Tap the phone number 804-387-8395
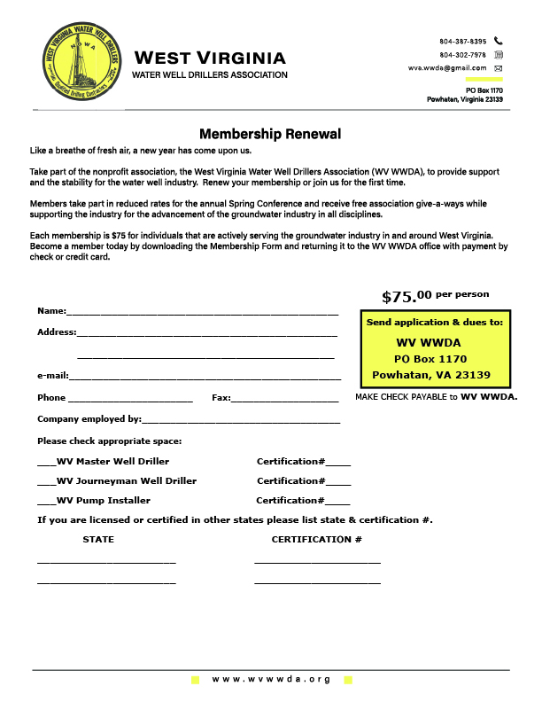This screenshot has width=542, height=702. coord(462,42)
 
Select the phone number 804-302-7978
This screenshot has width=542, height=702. coord(462,55)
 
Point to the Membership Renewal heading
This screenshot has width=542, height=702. coord(270,135)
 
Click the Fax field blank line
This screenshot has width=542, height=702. coord(284,400)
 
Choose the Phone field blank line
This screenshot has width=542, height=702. coord(130,400)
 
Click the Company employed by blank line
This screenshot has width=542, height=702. coord(240,421)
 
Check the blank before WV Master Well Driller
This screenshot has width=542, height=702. coord(46,463)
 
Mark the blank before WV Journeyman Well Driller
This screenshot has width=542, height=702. coord(46,482)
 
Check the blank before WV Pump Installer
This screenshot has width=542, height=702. coord(46,502)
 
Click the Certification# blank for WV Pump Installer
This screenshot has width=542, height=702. coord(338,503)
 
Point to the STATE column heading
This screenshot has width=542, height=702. coord(98,540)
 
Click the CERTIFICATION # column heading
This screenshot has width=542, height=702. coord(316,540)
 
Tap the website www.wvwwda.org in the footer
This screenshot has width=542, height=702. coord(271,679)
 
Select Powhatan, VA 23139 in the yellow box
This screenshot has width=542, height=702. coord(431,375)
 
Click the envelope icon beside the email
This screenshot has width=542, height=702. coord(499,68)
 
